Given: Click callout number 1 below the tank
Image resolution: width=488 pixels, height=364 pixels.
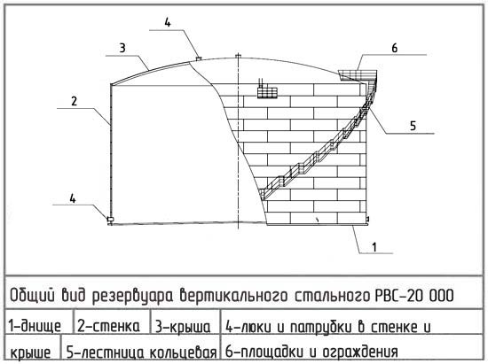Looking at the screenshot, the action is [x=374, y=247].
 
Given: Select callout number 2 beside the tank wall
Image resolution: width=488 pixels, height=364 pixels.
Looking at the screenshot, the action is [x=74, y=101].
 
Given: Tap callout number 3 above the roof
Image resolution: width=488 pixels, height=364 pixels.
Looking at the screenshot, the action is [x=122, y=48].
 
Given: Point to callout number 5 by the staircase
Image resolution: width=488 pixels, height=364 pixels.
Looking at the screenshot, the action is [x=413, y=126].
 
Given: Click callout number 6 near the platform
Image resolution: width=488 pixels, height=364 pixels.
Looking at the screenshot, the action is [x=394, y=48].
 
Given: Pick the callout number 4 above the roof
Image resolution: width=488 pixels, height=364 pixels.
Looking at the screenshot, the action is [x=168, y=22].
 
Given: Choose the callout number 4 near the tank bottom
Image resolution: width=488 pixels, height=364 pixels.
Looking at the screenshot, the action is [x=73, y=198].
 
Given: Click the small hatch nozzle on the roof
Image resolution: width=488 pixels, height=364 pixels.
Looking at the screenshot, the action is [x=199, y=58].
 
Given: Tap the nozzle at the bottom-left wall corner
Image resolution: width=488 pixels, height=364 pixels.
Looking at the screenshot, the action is [x=110, y=220].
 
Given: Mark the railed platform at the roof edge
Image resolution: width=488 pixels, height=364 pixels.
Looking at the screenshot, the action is [x=358, y=74].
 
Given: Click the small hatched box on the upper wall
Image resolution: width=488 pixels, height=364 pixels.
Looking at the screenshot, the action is [x=267, y=93].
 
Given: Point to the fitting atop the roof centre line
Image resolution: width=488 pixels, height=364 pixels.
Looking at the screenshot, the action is [x=238, y=56].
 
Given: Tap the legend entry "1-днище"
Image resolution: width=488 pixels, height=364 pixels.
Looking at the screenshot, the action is [x=35, y=326].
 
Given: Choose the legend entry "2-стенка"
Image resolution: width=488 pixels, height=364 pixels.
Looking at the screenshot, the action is [x=108, y=326].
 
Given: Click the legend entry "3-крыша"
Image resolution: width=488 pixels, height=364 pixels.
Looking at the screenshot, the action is [x=183, y=327].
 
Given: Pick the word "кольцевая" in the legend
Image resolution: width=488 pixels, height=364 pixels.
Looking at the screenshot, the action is [x=183, y=352].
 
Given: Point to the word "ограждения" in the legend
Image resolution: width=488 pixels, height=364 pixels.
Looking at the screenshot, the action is [x=360, y=352].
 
